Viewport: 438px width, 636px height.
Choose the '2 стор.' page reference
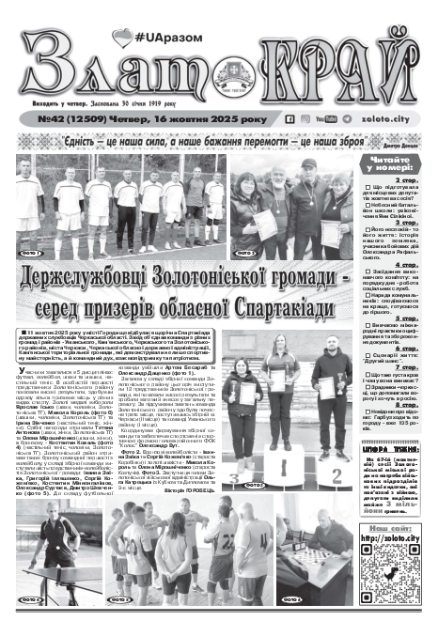click(x=407, y=178)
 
